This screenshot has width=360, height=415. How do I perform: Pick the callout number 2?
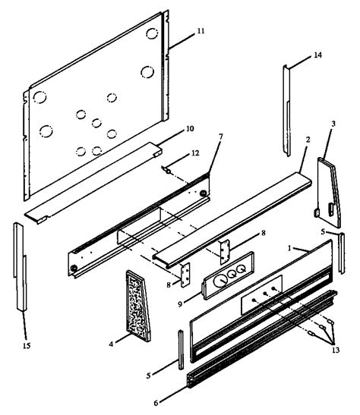pyautogui.click(x=308, y=161)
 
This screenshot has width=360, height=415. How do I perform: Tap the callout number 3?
pyautogui.click(x=333, y=124)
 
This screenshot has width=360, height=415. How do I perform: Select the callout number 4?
pyautogui.click(x=112, y=344)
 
